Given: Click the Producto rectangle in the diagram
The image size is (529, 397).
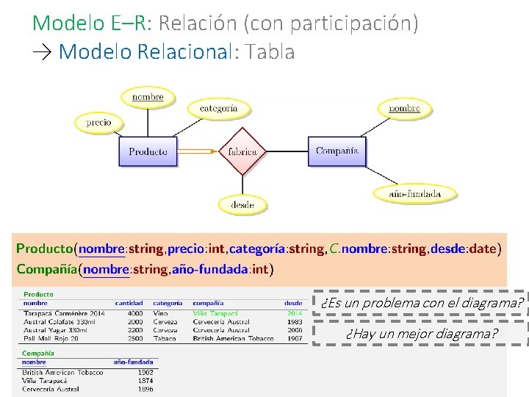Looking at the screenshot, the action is pyautogui.click(x=148, y=152).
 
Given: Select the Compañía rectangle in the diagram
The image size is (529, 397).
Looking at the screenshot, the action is pyautogui.click(x=337, y=151).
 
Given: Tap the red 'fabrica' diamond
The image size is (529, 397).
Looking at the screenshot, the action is pyautogui.click(x=242, y=152).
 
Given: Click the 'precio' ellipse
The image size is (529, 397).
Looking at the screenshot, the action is pyautogui.click(x=98, y=123).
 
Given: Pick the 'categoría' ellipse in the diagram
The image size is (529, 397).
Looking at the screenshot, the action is pyautogui.click(x=218, y=109).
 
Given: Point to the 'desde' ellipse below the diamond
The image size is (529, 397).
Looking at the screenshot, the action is pyautogui.click(x=242, y=204).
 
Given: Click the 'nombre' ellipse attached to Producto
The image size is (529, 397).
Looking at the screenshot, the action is pyautogui.click(x=148, y=96).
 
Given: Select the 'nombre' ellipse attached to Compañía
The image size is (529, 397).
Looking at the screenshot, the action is pyautogui.click(x=404, y=109).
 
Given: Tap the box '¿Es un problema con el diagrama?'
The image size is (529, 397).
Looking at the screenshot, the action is pyautogui.click(x=422, y=303).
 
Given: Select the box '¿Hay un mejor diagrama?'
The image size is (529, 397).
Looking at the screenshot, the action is pyautogui.click(x=422, y=335).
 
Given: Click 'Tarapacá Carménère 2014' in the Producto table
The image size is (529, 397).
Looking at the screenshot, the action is pyautogui.click(x=64, y=313).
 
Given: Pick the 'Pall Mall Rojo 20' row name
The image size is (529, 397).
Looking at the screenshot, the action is pyautogui.click(x=51, y=338).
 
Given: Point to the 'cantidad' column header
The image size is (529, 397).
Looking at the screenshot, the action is pyautogui.click(x=129, y=303).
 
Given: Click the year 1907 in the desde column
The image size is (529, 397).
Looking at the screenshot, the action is pyautogui.click(x=294, y=338).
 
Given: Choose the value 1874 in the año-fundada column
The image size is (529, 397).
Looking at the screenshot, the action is pyautogui.click(x=145, y=381).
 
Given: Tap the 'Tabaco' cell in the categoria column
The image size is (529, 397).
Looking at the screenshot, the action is pyautogui.click(x=165, y=338).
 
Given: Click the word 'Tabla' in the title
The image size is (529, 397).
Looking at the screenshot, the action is pyautogui.click(x=271, y=52).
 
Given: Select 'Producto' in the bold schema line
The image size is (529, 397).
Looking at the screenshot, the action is pyautogui.click(x=44, y=248).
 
